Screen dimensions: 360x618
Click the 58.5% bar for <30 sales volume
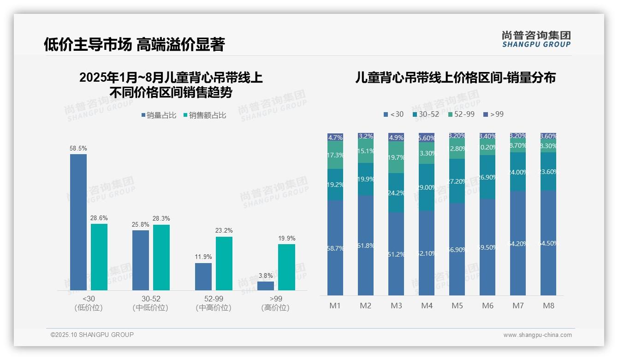coord(78,222)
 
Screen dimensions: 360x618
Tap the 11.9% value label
coord(203,257)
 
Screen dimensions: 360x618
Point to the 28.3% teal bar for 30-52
coord(161,257)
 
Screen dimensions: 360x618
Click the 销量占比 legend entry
coord(159,115)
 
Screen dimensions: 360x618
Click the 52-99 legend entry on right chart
coord(461,114)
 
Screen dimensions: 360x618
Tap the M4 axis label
coord(427,306)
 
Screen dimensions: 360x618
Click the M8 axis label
coord(548,306)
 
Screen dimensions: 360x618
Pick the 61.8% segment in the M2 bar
coord(366,245)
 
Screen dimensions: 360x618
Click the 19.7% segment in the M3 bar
coord(396,157)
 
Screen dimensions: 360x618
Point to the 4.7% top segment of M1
coord(335,137)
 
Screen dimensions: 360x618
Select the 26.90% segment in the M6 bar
coord(487,177)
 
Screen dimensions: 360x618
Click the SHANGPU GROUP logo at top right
coord(536,39)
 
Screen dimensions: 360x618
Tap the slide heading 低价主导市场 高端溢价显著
coord(134,44)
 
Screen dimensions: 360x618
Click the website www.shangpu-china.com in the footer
coord(537,335)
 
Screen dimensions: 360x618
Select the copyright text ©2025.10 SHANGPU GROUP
coord(92,335)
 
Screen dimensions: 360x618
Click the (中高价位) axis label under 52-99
coord(214,308)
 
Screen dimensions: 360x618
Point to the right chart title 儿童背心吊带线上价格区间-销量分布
coord(455,78)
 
